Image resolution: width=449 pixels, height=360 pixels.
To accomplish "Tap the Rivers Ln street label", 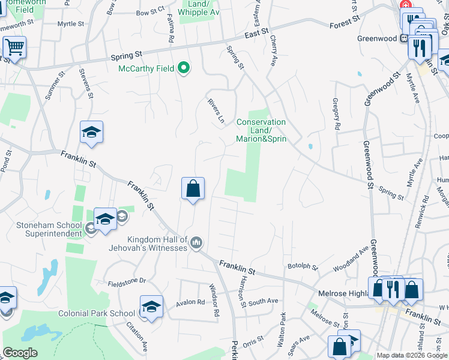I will point(216,111).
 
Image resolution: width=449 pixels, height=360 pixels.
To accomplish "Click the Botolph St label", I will point(302,266).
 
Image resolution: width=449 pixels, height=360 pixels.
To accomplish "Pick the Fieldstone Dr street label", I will point(127,280).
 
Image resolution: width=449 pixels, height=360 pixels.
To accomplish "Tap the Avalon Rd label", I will point(190,302).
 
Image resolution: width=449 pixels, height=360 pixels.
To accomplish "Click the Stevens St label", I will point(88,83).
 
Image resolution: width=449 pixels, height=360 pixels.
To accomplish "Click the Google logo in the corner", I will point(20,353).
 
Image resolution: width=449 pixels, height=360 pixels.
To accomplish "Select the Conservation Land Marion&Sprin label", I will point(261,130).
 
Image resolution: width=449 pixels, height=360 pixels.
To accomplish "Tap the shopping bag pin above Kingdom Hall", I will point(193,189).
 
